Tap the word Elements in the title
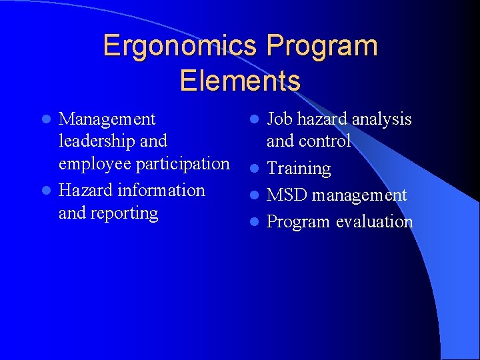point(240,81)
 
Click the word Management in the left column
point(107,119)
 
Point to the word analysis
point(381,119)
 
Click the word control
point(327,141)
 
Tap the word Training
point(299,169)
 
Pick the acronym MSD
point(287,195)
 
